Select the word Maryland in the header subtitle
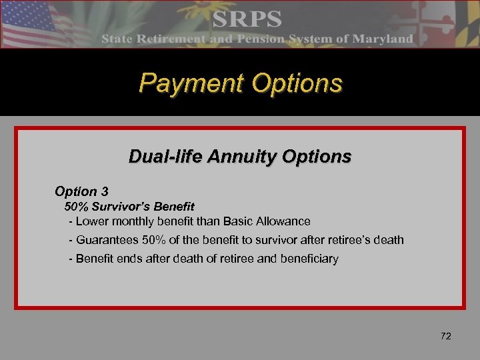click(x=382, y=39)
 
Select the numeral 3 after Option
click(x=104, y=191)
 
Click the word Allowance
click(x=285, y=221)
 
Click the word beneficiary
click(x=311, y=258)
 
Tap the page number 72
click(x=446, y=336)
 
